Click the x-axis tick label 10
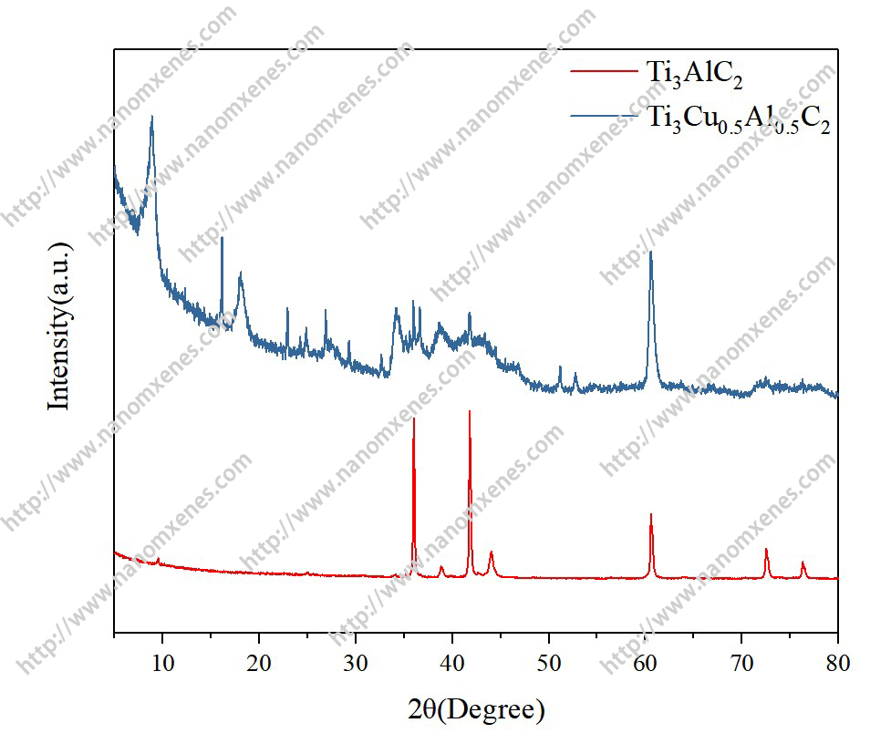(162, 663)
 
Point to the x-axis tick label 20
(259, 663)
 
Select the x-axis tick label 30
(356, 663)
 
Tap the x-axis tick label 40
(452, 663)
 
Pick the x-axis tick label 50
(549, 663)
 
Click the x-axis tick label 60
(646, 663)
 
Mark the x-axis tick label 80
(837, 663)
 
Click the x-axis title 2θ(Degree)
(475, 708)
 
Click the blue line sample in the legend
(601, 115)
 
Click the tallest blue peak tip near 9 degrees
(151, 116)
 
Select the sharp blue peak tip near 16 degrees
(222, 237)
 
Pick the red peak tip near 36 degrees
(414, 418)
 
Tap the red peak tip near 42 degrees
(470, 410)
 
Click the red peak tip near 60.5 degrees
(650, 513)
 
